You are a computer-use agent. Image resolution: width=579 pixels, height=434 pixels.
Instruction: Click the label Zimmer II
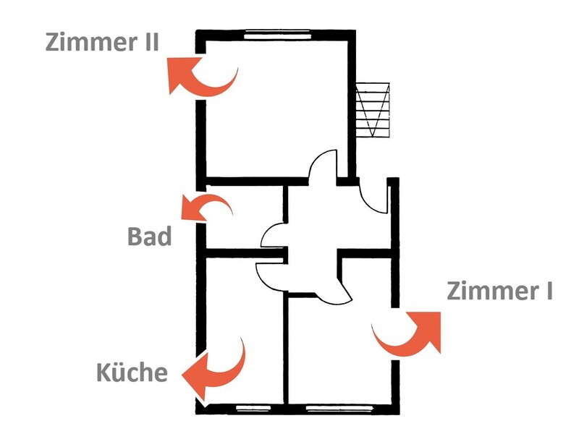coord(102,42)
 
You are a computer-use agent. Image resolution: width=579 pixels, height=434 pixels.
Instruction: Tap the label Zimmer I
coord(499,291)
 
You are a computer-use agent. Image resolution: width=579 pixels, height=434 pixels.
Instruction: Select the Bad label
coord(150,237)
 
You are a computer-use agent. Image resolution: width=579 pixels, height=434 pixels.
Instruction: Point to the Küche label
coord(132,372)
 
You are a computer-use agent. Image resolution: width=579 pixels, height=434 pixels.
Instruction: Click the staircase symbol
coord(373,110)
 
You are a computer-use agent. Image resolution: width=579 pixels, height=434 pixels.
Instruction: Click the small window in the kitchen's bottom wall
coord(253,408)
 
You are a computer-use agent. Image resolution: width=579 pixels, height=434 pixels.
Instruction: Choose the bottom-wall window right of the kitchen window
coord(339,408)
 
